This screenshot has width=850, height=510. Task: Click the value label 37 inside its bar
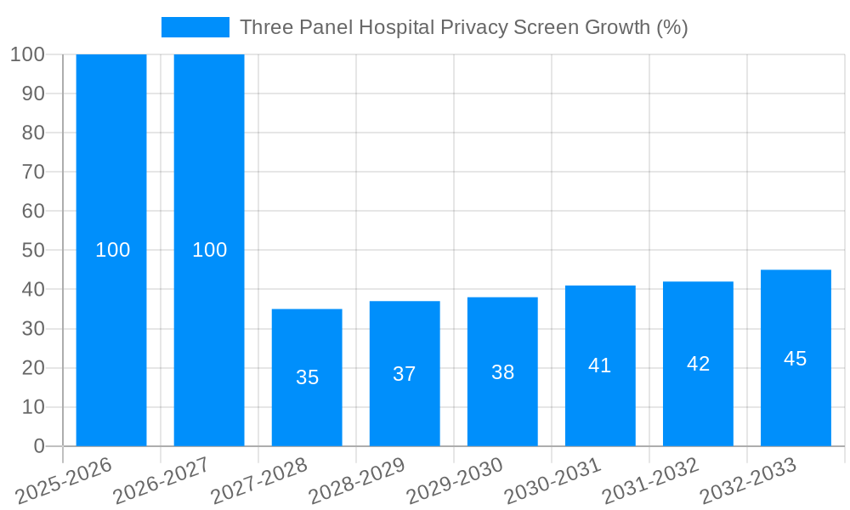405,374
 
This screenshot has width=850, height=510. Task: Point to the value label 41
600,365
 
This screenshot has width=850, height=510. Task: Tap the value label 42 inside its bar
698,364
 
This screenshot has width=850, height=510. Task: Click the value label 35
307,377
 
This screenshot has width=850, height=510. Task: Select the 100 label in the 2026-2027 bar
209,250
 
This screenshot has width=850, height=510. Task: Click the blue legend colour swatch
195,27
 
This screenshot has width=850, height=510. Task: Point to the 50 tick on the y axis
32,251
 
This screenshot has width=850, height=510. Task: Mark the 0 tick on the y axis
39,446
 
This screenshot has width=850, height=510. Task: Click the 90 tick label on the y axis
32,93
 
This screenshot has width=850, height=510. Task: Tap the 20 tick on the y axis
32,368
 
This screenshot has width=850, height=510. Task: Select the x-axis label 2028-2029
356,481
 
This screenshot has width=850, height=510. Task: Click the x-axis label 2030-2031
552,481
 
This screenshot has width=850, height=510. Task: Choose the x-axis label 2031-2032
649,481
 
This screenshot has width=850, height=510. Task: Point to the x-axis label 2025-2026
63,481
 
